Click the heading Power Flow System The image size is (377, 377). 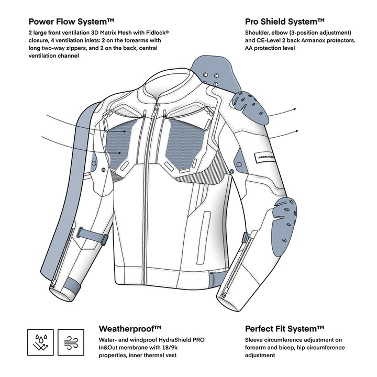[72, 22]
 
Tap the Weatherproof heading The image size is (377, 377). [130, 329]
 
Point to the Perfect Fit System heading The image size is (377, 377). [285, 329]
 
